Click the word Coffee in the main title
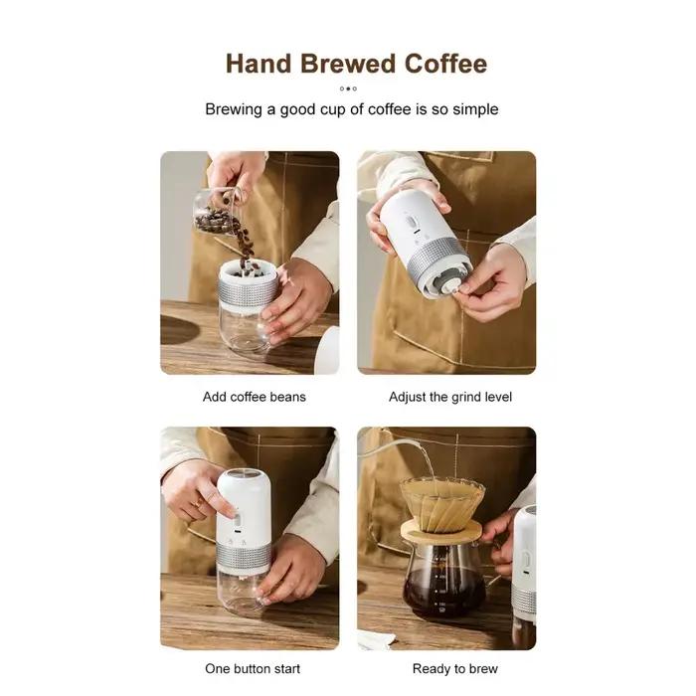(x=445, y=64)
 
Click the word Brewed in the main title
(x=348, y=64)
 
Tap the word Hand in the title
(x=259, y=64)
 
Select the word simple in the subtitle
(x=475, y=109)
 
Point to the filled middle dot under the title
(x=348, y=88)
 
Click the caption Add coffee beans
(x=255, y=397)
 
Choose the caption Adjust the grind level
(x=450, y=397)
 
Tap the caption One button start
(x=253, y=668)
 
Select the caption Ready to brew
(x=455, y=668)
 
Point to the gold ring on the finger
(x=198, y=503)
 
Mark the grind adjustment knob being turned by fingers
(x=449, y=286)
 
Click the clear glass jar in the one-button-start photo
(x=241, y=595)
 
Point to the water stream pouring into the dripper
(x=427, y=464)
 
